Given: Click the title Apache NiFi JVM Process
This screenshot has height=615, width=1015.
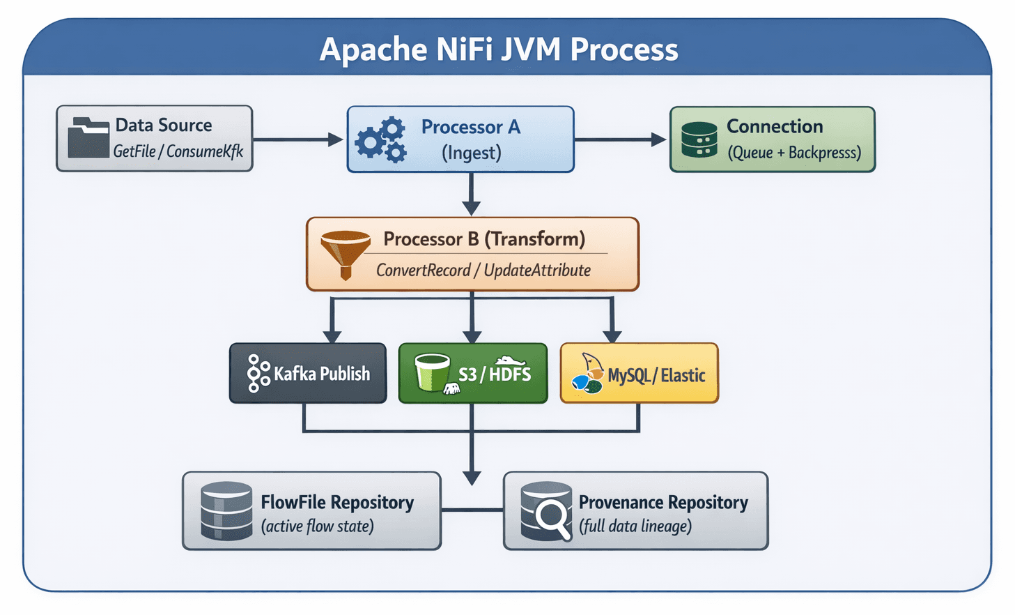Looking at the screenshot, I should (x=499, y=50).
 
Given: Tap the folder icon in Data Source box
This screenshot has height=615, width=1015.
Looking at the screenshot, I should (x=88, y=137).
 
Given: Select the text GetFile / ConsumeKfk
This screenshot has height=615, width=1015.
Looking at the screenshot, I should (x=178, y=151).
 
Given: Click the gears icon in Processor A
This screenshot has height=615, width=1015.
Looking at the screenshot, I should (x=381, y=139).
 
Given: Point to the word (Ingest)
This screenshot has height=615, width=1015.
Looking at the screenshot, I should (x=472, y=153).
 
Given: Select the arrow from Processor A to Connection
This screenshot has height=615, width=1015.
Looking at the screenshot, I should (x=620, y=139).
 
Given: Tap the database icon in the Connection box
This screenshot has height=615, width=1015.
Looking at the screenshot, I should (x=699, y=139).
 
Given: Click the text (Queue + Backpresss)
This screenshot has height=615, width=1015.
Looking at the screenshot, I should (x=794, y=153).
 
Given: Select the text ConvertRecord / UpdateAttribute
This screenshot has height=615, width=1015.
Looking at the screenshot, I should (x=483, y=271).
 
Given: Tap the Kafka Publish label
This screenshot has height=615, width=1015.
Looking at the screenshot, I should (x=321, y=374).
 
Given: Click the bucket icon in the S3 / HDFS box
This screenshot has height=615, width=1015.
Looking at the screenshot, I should (x=433, y=372).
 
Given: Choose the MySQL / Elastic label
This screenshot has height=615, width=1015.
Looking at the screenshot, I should (x=656, y=376).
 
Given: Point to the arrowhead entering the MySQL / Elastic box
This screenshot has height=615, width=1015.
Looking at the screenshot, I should (x=612, y=336).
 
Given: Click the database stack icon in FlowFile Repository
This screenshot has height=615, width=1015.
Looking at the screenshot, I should (x=226, y=511).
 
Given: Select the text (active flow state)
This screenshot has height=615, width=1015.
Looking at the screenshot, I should (x=318, y=526).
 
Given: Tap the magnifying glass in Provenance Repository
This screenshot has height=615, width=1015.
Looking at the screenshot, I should (x=552, y=517).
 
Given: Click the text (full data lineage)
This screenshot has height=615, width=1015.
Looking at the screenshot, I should (x=635, y=526).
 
